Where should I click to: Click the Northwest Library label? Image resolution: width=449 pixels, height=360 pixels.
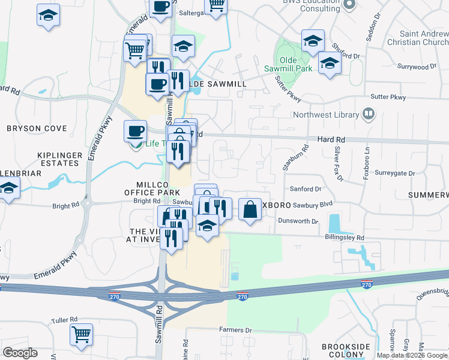[x=325, y=115]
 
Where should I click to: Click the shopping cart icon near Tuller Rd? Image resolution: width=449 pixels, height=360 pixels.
[x=81, y=334]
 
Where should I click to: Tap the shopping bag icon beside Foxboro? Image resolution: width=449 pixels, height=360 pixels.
[x=250, y=209]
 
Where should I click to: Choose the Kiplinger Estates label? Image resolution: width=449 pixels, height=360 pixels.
[x=59, y=159]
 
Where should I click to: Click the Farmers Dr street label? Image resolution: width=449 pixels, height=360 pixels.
[x=235, y=329]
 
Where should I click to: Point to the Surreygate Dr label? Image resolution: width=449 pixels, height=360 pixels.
[x=394, y=173]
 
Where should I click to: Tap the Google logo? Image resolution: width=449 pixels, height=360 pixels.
[x=20, y=353]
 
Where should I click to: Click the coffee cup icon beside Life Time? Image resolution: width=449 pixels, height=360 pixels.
[x=135, y=130]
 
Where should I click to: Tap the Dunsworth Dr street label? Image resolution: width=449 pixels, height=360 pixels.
[x=298, y=221]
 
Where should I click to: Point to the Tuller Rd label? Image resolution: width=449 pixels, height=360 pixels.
[x=65, y=320]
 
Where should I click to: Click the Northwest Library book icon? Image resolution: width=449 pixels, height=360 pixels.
[x=369, y=114]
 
